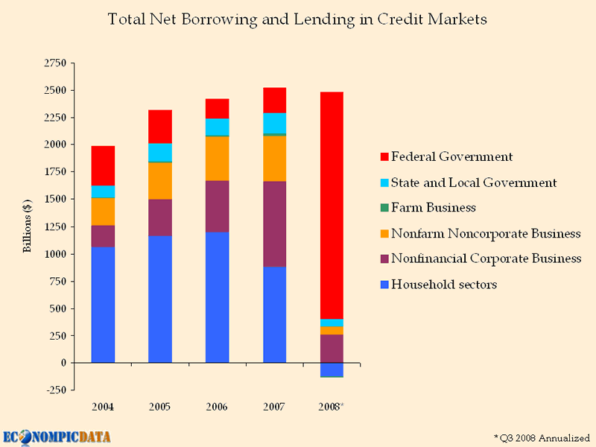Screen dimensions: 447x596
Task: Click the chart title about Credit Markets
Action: point(297,19)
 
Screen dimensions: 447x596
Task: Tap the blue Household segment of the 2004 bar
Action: point(103,305)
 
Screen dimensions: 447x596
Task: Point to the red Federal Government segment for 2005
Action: point(160,126)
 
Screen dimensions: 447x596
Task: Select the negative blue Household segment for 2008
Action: point(332,370)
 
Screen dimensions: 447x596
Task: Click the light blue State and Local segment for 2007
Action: point(275,123)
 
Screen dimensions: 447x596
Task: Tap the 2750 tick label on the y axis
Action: point(54,63)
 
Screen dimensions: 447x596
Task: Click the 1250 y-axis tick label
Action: point(54,226)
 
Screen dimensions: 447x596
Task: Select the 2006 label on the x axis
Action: point(217,407)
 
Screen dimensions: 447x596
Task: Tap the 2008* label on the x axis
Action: point(332,407)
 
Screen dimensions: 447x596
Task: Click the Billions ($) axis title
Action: point(28,226)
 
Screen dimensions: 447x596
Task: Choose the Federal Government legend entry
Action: point(451,157)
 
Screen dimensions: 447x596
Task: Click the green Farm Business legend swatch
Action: point(384,209)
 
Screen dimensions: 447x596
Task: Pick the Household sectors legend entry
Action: point(444,285)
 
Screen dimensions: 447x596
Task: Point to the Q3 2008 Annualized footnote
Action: point(542,436)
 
